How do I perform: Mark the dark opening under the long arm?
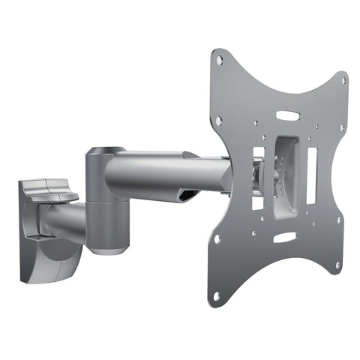coord(189,195)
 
